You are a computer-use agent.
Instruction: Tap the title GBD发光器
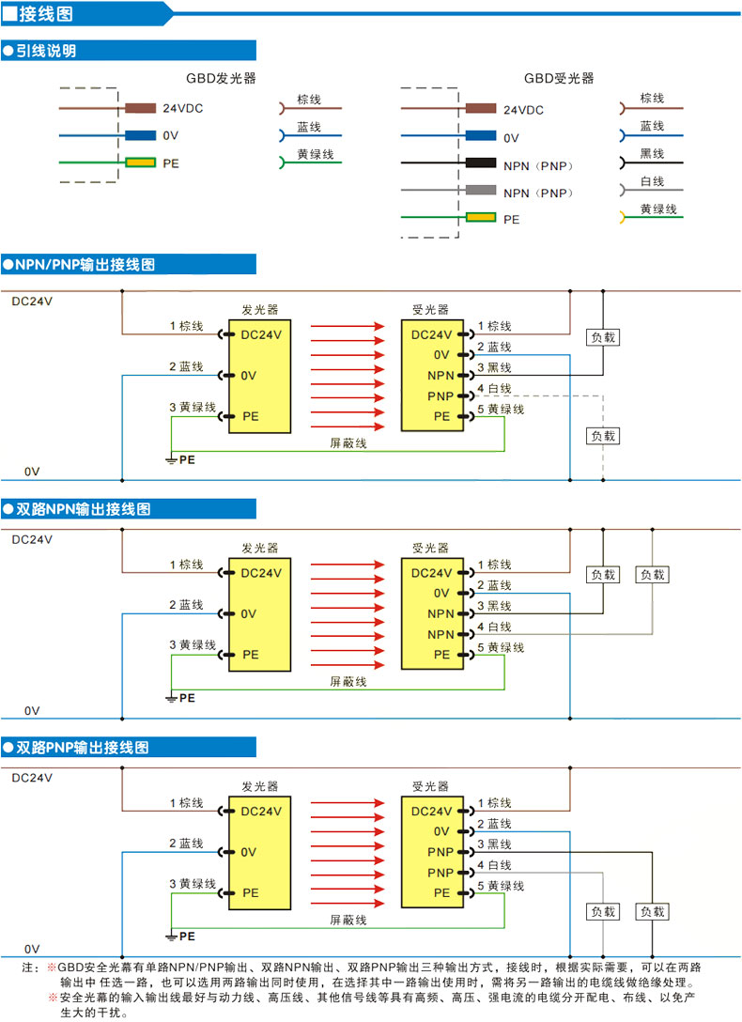[221, 79]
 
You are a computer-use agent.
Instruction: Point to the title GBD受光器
[559, 79]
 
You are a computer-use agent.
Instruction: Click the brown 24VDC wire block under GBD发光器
[141, 108]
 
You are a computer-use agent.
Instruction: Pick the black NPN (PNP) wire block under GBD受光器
[481, 163]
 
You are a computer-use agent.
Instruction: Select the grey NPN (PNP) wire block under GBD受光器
[481, 191]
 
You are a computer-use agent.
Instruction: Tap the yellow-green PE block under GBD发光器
[141, 163]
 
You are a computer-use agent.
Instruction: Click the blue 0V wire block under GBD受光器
[481, 136]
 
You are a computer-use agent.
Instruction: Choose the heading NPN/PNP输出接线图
[85, 265]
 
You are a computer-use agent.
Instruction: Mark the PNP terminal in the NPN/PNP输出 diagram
[441, 395]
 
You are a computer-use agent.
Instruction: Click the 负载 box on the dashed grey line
[603, 436]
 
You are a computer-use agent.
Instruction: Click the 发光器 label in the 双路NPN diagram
[259, 549]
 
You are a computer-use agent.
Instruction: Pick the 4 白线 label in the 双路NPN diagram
[494, 627]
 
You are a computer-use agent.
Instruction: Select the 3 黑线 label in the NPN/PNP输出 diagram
[494, 367]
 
